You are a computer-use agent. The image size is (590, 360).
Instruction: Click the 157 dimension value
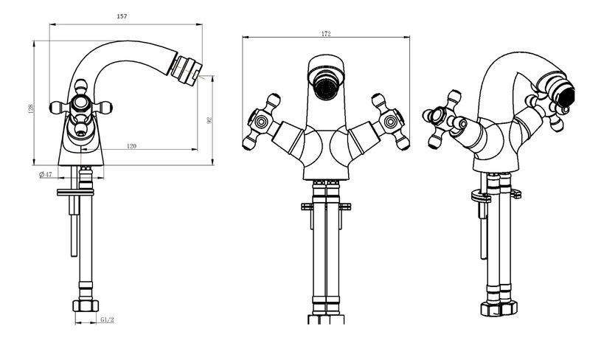122,16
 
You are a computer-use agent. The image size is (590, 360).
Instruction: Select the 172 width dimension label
326,33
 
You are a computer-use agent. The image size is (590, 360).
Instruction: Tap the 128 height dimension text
31,108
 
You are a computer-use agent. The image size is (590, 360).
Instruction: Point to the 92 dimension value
209,120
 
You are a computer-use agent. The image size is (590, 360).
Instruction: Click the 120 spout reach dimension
131,146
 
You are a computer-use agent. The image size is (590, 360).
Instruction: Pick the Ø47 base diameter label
45,174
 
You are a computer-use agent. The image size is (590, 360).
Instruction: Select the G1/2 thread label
107,319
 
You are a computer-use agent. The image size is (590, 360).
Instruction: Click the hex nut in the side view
86,305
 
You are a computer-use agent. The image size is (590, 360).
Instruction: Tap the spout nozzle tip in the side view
186,70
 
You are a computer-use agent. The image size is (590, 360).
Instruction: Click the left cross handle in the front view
263,122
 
